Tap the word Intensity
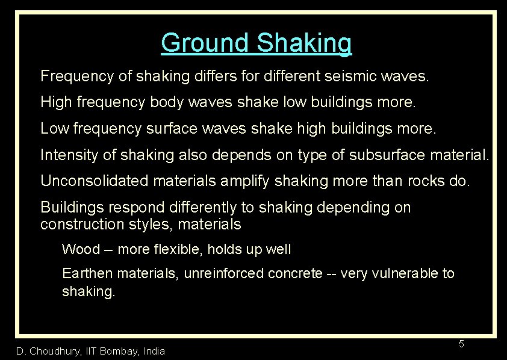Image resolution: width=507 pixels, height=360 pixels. point(68,155)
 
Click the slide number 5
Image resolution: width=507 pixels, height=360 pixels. point(461,344)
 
